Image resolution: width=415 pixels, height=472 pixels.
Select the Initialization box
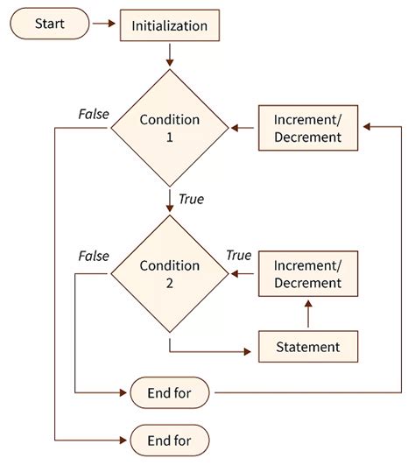click(x=169, y=26)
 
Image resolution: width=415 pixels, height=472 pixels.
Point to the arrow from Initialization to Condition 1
click(x=170, y=56)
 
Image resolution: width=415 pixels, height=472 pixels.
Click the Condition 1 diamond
click(x=170, y=128)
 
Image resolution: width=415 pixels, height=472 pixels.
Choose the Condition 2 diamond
click(x=170, y=273)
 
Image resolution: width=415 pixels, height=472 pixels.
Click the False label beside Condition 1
click(x=94, y=113)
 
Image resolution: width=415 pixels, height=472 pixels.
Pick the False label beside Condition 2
click(x=94, y=256)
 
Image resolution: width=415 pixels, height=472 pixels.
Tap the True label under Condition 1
click(x=190, y=200)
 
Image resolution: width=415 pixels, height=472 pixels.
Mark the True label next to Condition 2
click(x=238, y=256)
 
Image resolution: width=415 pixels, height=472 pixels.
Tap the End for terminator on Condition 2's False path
click(x=170, y=392)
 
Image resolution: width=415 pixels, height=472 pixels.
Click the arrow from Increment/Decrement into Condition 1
click(x=243, y=128)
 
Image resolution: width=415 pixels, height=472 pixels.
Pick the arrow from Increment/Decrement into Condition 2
click(x=243, y=273)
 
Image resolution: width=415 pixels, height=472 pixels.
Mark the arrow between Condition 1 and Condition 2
click(x=170, y=201)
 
